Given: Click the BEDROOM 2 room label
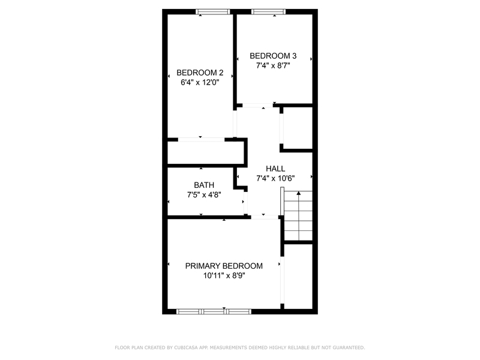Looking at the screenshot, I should (x=200, y=73).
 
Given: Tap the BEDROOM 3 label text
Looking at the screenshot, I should (x=273, y=56).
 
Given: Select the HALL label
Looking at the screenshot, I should (x=275, y=169).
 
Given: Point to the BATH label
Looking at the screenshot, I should (x=203, y=185).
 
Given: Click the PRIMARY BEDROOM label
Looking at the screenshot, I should (x=224, y=266).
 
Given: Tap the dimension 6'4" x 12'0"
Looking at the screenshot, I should (x=200, y=83).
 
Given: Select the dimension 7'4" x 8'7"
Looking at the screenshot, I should (x=273, y=66).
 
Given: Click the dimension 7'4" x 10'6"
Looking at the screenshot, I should (x=275, y=178).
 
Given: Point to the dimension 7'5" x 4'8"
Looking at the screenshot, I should (x=203, y=194).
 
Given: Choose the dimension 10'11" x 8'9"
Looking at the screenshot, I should (x=224, y=276).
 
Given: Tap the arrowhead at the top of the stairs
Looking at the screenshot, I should (x=298, y=194).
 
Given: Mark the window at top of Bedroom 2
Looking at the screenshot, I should (x=213, y=11).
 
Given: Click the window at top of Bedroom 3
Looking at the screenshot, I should (x=267, y=11).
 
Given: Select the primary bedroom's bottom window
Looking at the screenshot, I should (x=213, y=311).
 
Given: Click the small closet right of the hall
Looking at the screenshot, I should (x=298, y=128).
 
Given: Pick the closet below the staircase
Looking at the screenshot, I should (x=298, y=276).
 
